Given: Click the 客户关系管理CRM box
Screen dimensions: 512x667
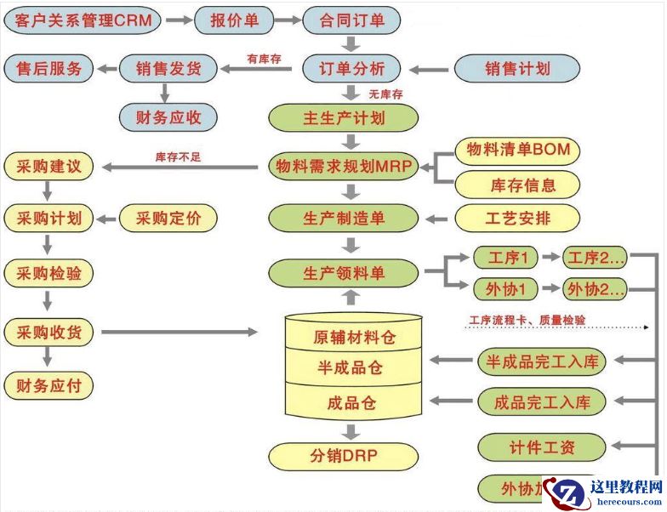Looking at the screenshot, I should [x=83, y=20].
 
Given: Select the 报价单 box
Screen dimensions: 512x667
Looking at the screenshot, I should [x=236, y=20].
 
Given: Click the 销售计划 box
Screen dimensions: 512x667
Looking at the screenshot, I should [x=517, y=69].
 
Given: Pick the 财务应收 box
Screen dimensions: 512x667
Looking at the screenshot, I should [x=168, y=117].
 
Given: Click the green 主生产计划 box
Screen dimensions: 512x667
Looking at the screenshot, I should [x=344, y=117].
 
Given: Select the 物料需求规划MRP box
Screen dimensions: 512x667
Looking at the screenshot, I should [x=344, y=168].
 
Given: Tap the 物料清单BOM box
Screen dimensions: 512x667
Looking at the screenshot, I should [x=517, y=151].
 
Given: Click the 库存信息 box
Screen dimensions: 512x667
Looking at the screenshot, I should [x=517, y=184].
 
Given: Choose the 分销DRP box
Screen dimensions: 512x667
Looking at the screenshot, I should [x=344, y=455].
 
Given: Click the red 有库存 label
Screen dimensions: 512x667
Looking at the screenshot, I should [x=265, y=59].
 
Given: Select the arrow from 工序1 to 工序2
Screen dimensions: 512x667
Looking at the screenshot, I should [x=550, y=257].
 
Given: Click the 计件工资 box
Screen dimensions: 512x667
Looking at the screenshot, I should [x=541, y=447].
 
